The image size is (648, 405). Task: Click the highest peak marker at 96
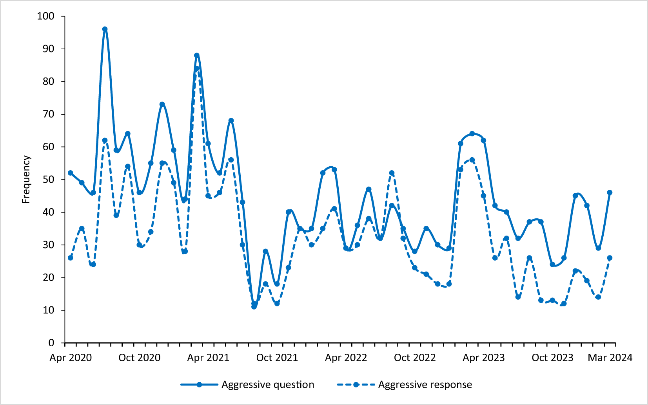click(x=105, y=29)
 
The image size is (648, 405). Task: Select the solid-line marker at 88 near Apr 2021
click(x=197, y=55)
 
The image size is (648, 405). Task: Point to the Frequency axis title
click(x=26, y=179)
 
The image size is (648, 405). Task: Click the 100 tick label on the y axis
click(x=45, y=16)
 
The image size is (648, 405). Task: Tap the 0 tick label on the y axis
click(x=51, y=343)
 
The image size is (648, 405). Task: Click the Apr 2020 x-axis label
click(x=71, y=358)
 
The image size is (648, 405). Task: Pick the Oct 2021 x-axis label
click(x=277, y=358)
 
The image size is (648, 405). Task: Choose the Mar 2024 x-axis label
click(x=610, y=358)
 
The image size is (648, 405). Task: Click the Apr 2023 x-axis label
click(x=484, y=358)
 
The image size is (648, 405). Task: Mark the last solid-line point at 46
click(x=610, y=193)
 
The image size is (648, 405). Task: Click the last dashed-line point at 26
click(x=610, y=258)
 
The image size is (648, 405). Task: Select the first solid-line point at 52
click(x=71, y=173)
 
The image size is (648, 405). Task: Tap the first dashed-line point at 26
click(x=71, y=258)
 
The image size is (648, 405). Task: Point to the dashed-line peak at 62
click(x=105, y=140)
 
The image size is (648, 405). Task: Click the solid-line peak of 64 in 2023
click(x=472, y=133)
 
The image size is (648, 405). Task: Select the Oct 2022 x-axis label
click(x=415, y=358)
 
